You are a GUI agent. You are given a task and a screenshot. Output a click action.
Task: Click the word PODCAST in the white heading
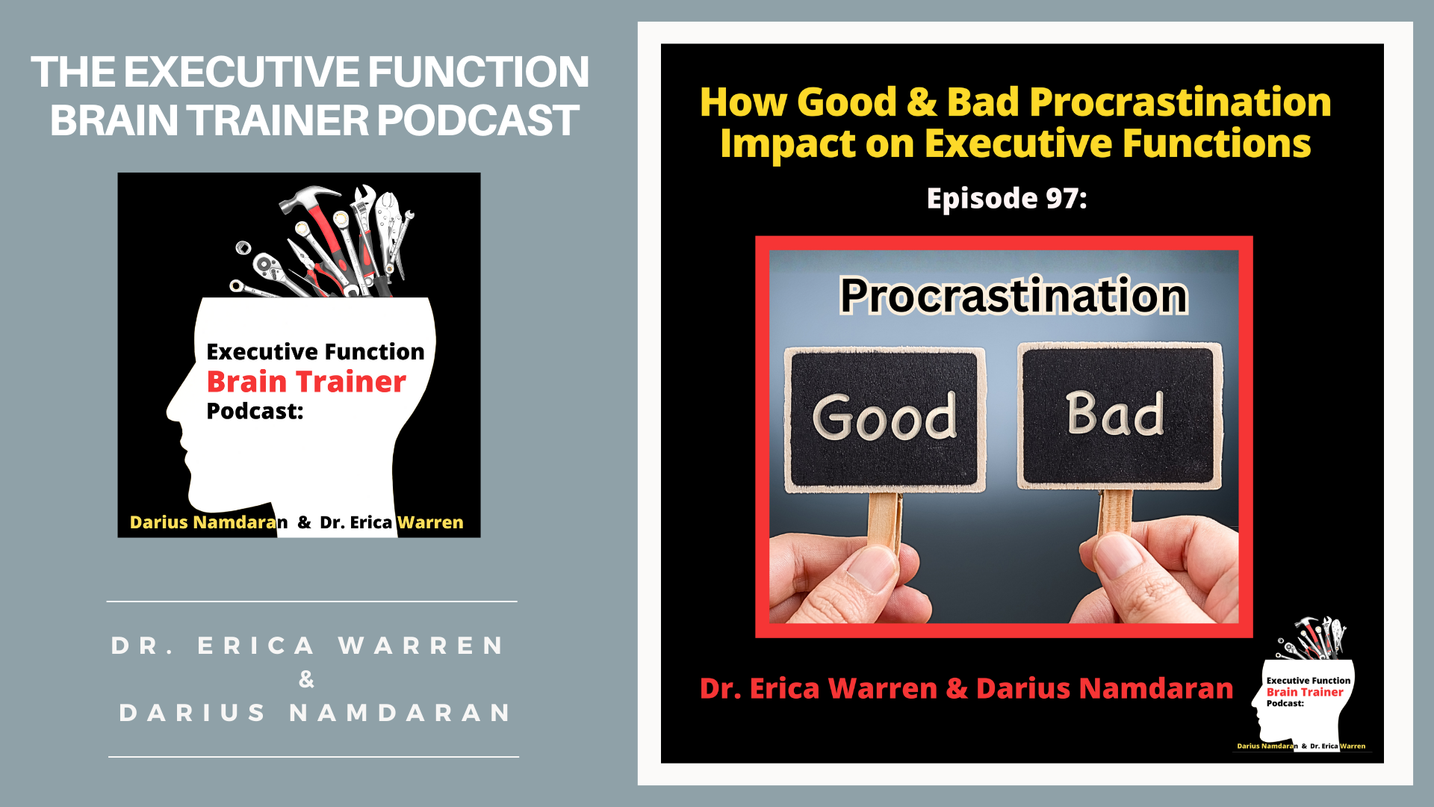click(478, 120)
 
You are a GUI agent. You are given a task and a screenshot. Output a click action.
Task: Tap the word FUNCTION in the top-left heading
click(478, 72)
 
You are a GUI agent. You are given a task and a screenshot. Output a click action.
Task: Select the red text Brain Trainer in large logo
click(306, 382)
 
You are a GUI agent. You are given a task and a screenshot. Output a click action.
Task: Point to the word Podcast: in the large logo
click(255, 411)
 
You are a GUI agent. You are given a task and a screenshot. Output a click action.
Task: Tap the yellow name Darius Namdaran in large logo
click(208, 522)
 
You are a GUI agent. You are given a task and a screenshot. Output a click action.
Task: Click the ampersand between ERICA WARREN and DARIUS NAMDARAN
click(306, 679)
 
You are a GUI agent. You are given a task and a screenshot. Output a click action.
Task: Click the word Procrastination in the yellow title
click(1180, 102)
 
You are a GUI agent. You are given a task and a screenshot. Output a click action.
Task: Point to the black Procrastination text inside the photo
click(1014, 295)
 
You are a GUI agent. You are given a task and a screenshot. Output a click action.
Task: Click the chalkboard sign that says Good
click(884, 418)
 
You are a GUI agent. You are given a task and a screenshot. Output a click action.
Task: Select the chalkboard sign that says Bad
click(1119, 415)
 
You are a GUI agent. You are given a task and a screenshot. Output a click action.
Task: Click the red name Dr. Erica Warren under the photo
click(818, 688)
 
